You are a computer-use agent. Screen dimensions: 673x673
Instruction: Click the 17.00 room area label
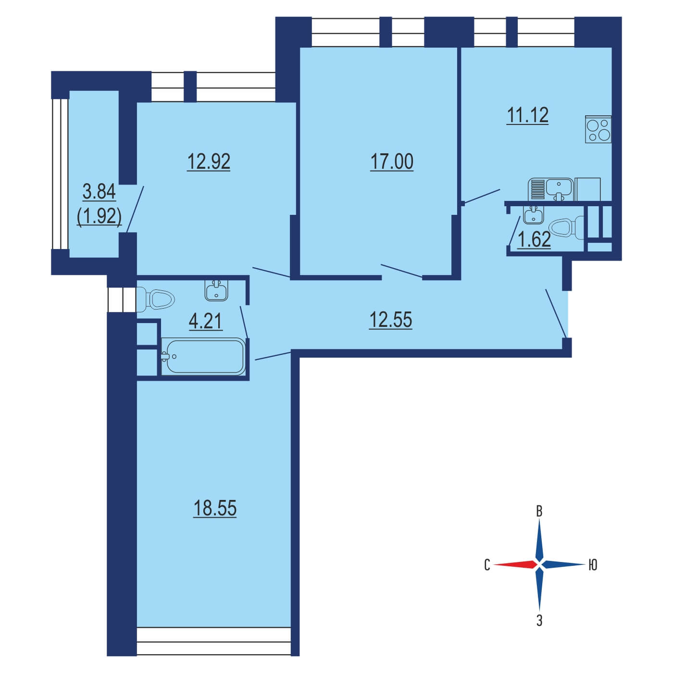[x=391, y=162]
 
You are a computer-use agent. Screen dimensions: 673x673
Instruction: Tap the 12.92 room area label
[x=209, y=162]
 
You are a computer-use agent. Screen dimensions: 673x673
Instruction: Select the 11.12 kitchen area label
[x=527, y=115]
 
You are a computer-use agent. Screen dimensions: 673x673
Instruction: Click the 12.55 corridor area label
[x=390, y=320]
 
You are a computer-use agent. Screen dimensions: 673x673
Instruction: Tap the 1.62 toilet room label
[x=535, y=240]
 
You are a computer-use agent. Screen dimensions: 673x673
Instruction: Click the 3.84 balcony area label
[x=99, y=192]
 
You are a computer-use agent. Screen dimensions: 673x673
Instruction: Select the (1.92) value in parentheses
[x=99, y=217]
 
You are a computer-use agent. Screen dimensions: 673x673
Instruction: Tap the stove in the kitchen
[x=598, y=129]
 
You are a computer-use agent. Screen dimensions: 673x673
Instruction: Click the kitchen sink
[x=551, y=189]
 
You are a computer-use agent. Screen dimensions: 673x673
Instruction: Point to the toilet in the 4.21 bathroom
[x=155, y=299]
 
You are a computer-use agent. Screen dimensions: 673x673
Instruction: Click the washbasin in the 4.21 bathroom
[x=216, y=290]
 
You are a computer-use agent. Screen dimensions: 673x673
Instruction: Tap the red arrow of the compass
[x=515, y=565]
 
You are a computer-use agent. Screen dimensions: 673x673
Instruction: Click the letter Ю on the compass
[x=593, y=565]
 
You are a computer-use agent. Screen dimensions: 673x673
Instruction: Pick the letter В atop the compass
[x=539, y=512]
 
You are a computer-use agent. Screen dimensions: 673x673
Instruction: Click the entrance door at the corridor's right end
[x=556, y=313]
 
